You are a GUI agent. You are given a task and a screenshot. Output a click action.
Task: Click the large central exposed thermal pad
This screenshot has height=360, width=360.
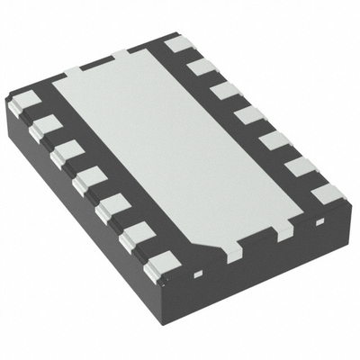click(x=180, y=148)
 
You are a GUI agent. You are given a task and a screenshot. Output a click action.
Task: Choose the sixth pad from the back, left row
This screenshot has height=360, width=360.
click(x=135, y=236)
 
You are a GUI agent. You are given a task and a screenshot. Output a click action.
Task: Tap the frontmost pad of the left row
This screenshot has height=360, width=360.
click(x=161, y=264)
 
